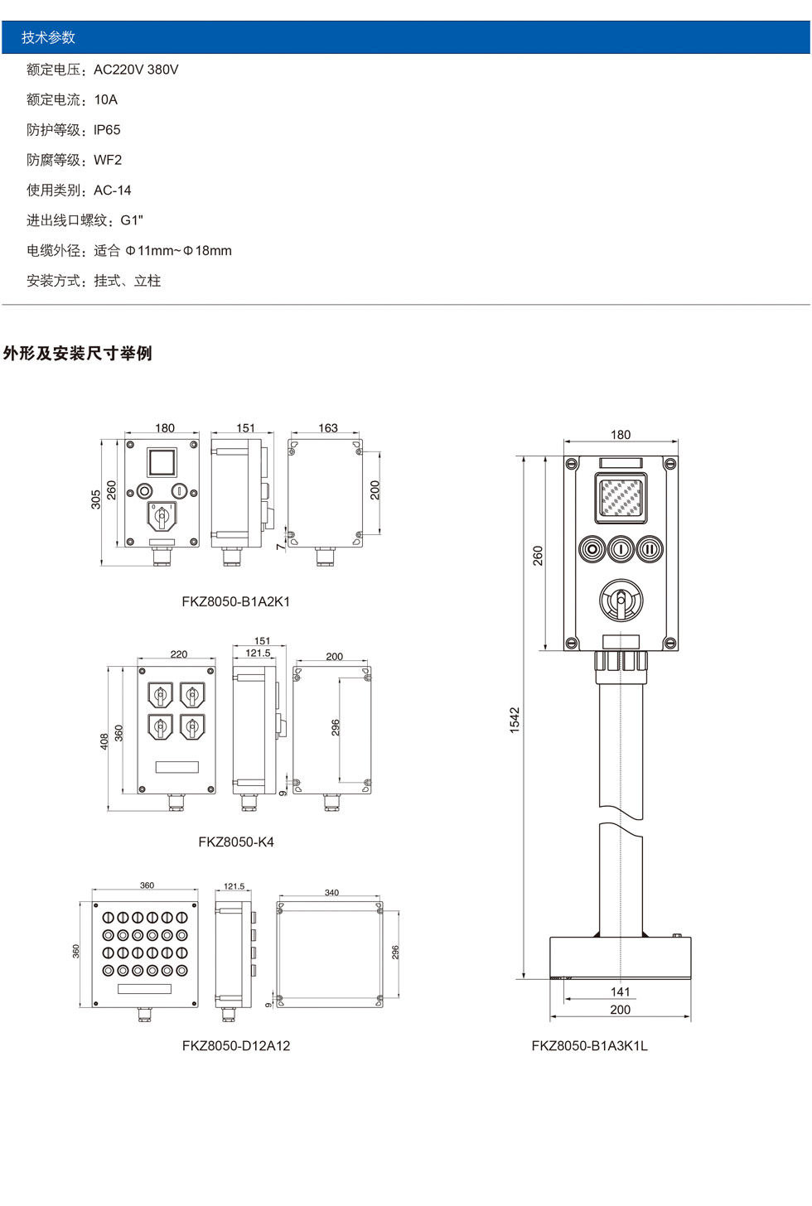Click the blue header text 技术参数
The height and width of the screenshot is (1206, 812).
(x=48, y=37)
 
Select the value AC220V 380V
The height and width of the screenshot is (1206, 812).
(x=136, y=70)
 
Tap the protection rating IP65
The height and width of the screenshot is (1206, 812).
(x=107, y=130)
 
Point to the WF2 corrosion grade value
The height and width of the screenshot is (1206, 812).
(x=108, y=160)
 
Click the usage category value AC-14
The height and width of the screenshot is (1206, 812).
(x=113, y=191)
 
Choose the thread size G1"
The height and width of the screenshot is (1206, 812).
(x=132, y=220)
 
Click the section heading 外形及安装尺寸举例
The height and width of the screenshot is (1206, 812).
(x=78, y=354)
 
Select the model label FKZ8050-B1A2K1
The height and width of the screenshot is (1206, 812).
(x=236, y=602)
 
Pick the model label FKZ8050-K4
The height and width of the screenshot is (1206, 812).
(x=236, y=842)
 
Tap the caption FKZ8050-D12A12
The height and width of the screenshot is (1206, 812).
(x=236, y=1046)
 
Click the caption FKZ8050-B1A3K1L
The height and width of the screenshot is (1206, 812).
(x=590, y=1046)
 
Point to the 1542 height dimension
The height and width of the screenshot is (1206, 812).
(x=515, y=720)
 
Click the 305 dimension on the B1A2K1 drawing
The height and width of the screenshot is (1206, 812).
(x=96, y=499)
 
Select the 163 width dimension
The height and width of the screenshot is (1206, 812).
(x=328, y=428)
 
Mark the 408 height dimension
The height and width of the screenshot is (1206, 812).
(x=104, y=741)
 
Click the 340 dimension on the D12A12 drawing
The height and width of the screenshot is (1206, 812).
(x=331, y=893)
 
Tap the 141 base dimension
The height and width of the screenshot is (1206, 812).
(x=621, y=991)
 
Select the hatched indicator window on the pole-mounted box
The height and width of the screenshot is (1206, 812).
(x=621, y=498)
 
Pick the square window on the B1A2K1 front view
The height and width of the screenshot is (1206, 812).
(x=162, y=462)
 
